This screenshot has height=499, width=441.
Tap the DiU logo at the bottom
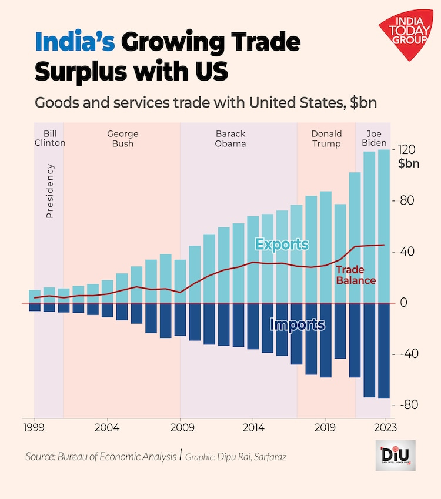395,456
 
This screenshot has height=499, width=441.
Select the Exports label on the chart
282,244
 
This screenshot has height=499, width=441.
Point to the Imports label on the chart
297,324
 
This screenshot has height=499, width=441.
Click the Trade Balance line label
355,275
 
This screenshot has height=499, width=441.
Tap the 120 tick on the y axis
408,149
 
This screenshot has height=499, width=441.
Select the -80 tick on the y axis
408,405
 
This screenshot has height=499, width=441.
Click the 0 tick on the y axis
403,303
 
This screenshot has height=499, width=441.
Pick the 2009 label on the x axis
180,427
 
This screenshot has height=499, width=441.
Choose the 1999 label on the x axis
34,427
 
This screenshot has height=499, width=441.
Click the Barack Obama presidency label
230,139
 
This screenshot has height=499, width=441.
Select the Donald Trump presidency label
326,139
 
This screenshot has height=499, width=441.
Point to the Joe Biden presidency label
374,138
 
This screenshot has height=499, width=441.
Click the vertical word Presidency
50,191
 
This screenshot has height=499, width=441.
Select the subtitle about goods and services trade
205,102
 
